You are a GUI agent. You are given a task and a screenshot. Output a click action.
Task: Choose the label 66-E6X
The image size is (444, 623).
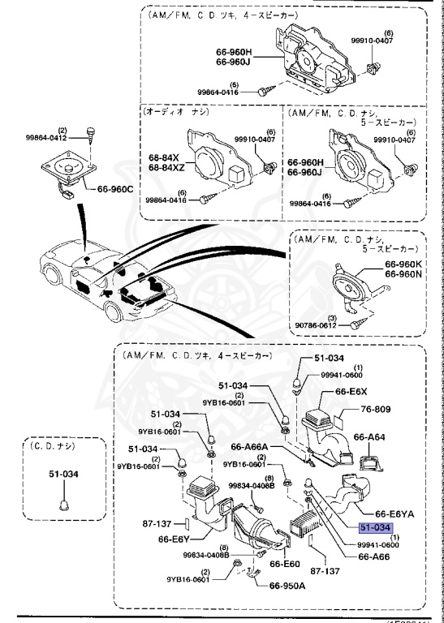347,391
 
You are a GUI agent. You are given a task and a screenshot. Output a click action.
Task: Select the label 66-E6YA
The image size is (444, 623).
394,514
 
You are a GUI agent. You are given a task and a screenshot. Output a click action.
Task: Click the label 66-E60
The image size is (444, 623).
285,563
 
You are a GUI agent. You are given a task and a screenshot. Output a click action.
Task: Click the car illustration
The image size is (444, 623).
114,280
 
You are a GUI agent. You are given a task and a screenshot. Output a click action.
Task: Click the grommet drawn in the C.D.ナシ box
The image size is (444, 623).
63,505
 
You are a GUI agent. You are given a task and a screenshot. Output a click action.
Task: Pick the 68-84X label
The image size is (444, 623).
165,157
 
